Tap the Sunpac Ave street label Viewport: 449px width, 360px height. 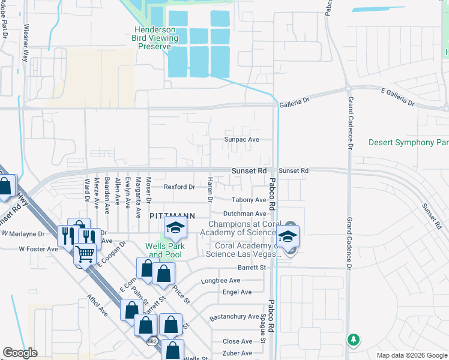[241, 139]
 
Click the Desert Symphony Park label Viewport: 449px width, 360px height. [409, 143]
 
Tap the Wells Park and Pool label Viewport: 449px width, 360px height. [165, 250]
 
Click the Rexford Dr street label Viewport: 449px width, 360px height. [179, 187]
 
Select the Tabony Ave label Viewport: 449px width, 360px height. [249, 200]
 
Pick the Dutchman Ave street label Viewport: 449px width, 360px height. [244, 214]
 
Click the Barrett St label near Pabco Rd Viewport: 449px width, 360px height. [252, 268]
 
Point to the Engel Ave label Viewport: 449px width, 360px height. [237, 292]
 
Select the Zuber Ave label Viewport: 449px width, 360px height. [238, 353]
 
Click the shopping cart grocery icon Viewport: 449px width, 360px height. [85, 255]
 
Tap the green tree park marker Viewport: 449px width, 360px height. [354, 340]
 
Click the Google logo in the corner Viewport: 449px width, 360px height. [20, 353]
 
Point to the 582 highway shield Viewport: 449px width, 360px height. [153, 341]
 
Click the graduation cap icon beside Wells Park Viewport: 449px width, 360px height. [175, 227]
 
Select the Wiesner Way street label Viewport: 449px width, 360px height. [26, 43]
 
